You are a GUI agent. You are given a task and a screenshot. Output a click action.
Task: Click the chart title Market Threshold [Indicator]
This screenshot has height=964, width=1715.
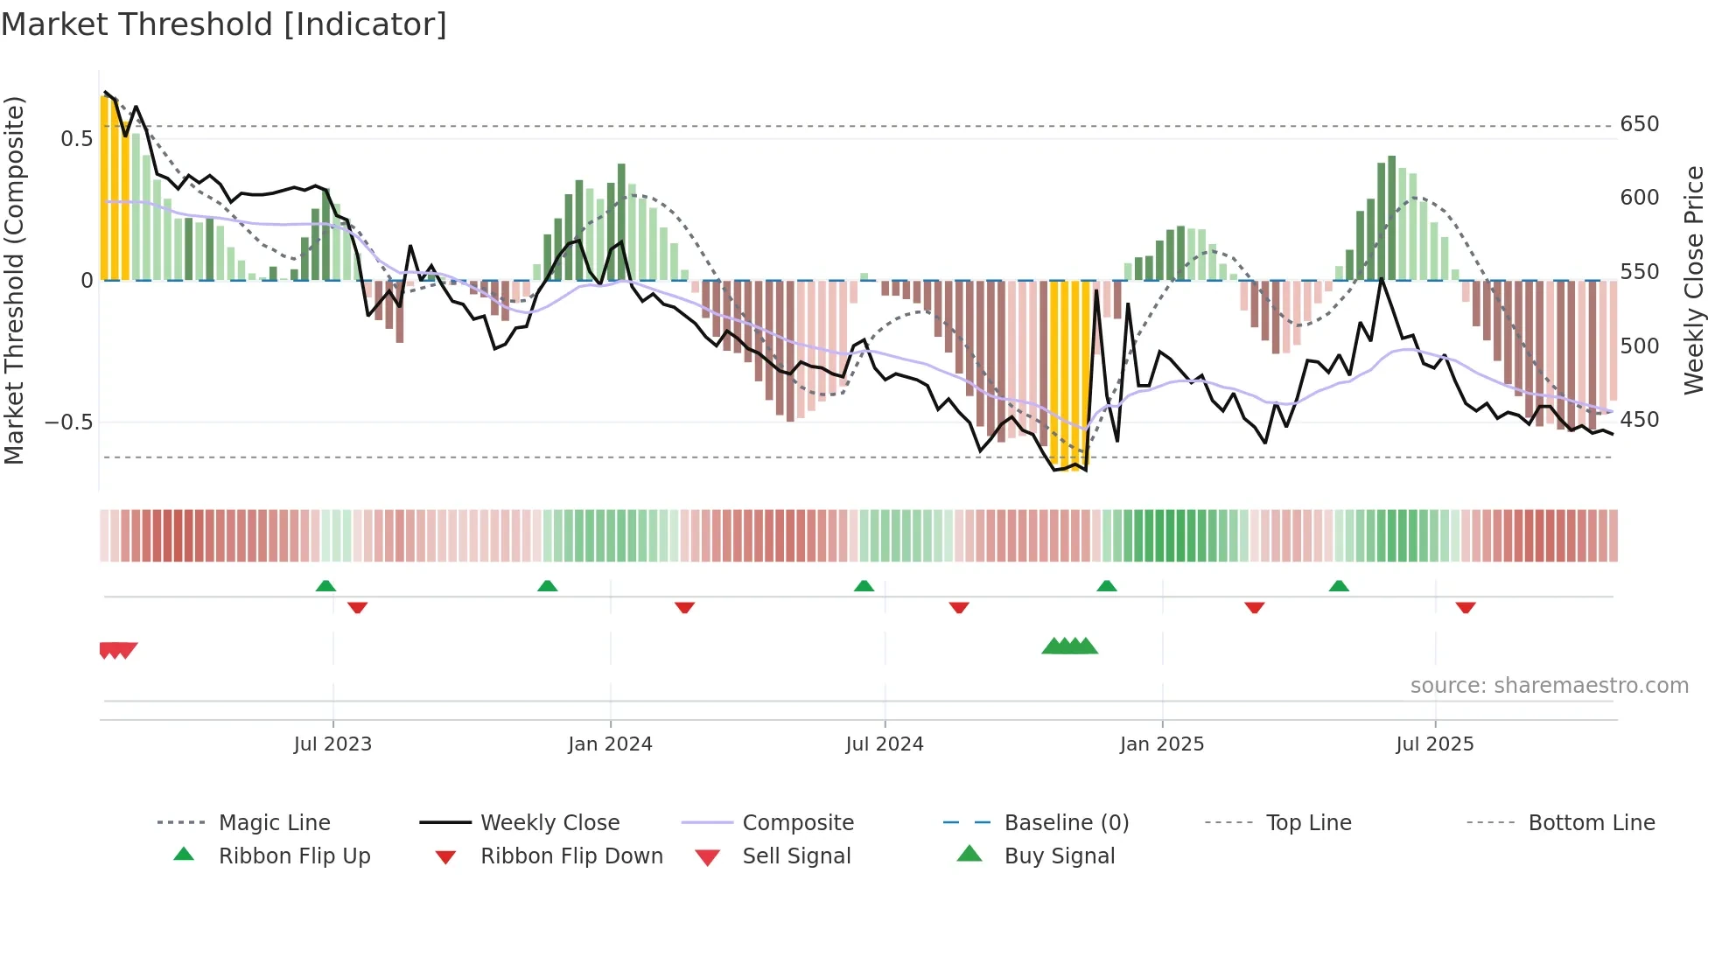(x=224, y=24)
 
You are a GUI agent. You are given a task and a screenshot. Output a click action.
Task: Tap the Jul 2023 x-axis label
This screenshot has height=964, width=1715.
(x=332, y=744)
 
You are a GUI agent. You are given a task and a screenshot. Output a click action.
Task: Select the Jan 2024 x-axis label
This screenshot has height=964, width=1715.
(x=610, y=744)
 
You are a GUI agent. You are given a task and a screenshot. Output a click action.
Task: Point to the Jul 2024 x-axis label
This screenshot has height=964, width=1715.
(x=885, y=744)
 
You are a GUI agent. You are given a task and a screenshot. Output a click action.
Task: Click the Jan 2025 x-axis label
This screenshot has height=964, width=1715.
(x=1162, y=744)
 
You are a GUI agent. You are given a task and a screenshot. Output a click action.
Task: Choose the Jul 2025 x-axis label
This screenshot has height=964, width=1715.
(x=1435, y=744)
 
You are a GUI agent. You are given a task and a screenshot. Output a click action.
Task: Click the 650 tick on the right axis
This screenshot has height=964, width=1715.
(x=1639, y=124)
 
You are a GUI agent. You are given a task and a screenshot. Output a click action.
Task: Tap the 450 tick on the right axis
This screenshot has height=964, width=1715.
(x=1639, y=420)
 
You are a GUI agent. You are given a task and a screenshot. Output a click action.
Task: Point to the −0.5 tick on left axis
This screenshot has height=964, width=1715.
(x=68, y=423)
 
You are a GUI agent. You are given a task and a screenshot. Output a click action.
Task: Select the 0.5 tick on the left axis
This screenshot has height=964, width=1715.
(x=76, y=138)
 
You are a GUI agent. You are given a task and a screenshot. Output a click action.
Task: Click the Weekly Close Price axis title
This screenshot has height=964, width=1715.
(x=1695, y=280)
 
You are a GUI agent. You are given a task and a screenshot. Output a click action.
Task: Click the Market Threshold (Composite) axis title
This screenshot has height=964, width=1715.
(x=14, y=280)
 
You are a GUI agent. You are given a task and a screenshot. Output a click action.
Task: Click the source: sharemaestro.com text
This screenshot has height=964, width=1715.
(x=1549, y=686)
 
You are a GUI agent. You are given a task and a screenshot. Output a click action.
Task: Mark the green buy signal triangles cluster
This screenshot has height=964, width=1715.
(x=1069, y=646)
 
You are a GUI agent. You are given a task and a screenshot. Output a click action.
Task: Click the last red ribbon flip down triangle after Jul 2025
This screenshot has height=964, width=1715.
(x=1466, y=607)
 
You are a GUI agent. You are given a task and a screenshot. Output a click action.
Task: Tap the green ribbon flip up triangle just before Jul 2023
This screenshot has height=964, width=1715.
(x=325, y=585)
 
